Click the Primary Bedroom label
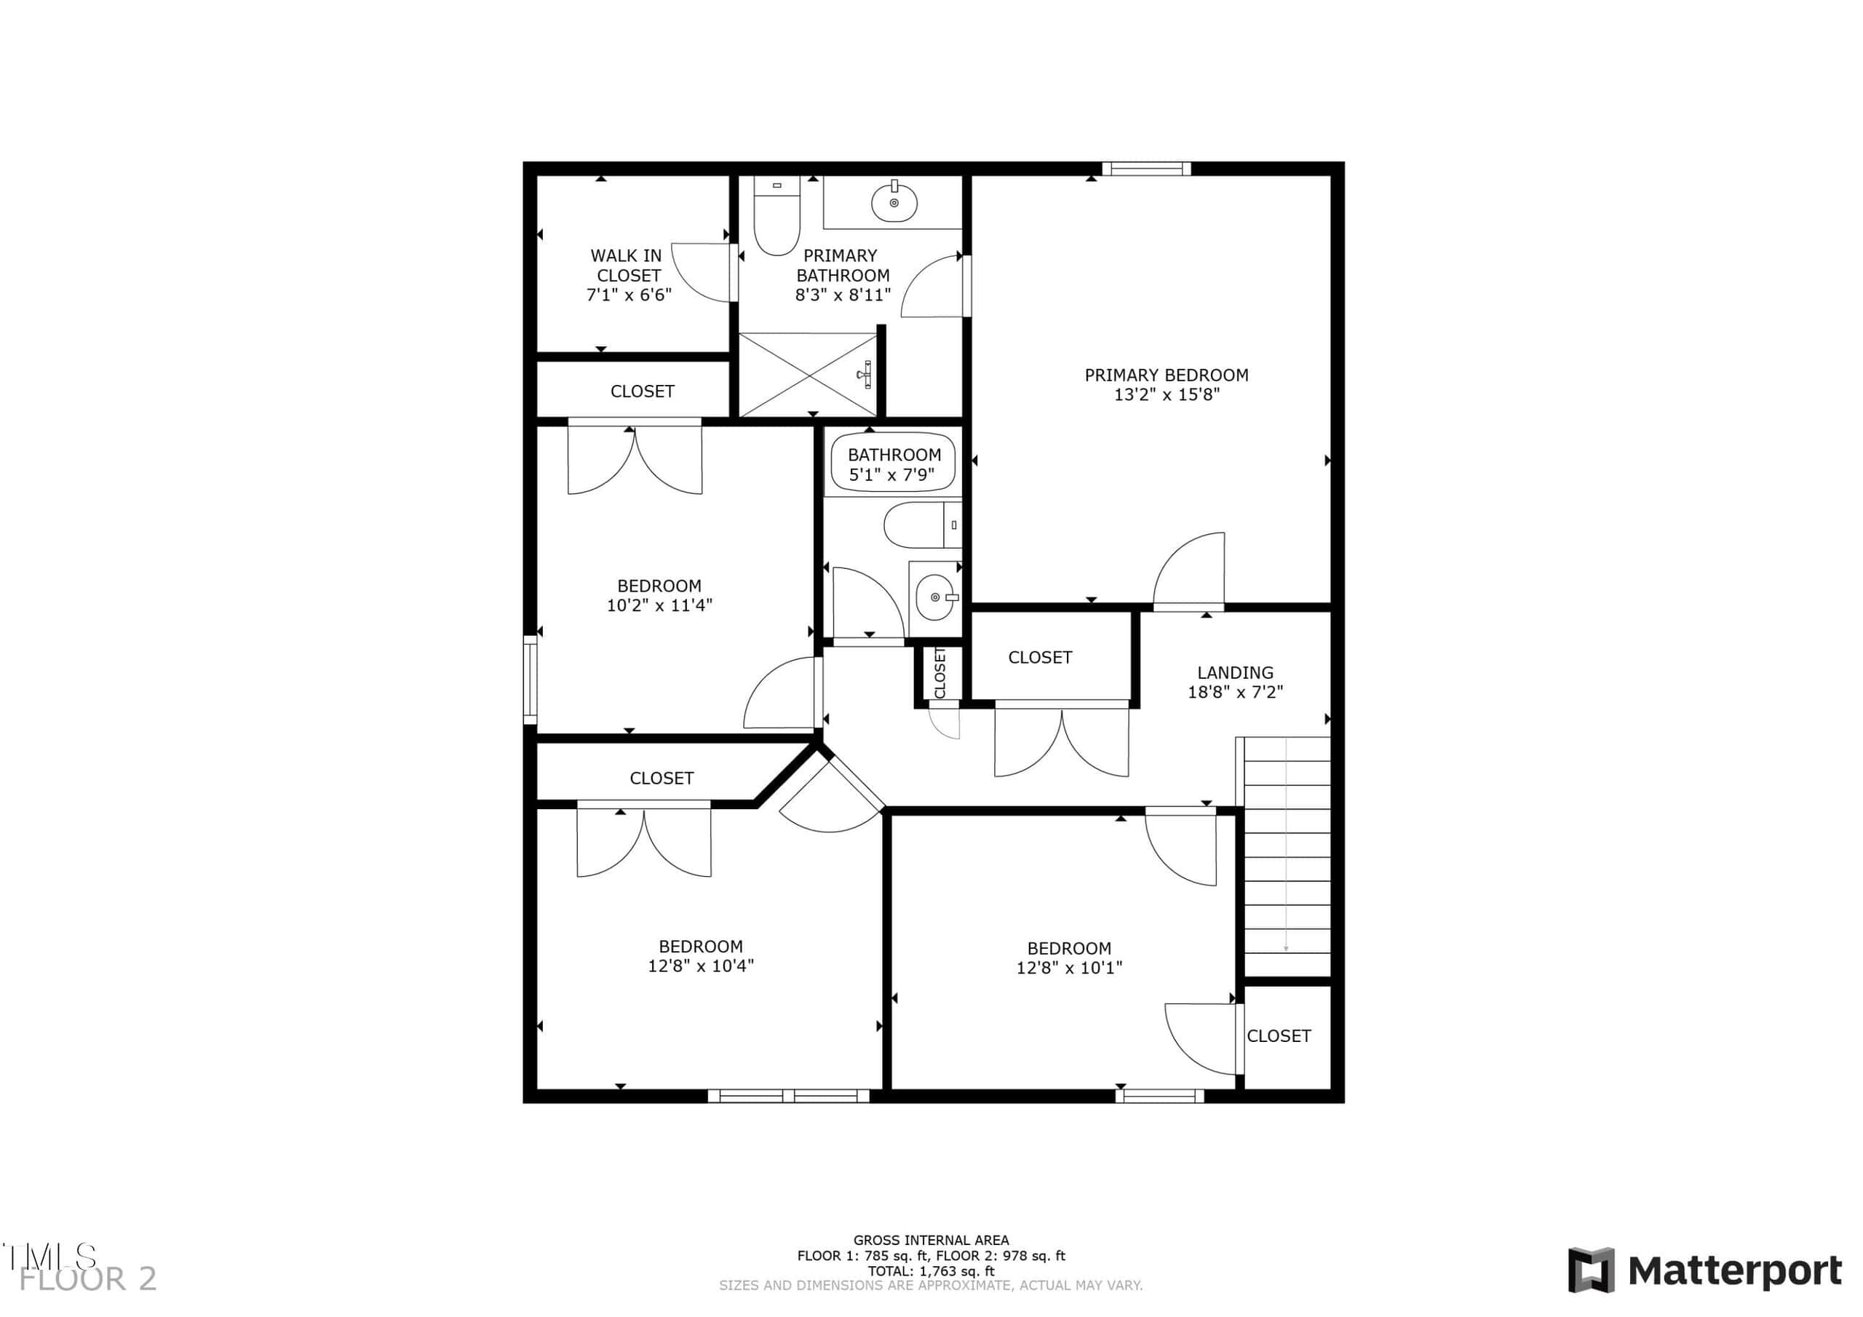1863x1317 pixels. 1166,375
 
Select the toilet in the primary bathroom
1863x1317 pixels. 776,215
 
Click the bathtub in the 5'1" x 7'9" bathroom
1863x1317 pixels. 892,463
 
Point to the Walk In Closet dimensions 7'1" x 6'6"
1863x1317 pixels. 629,295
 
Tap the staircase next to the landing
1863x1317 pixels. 1287,857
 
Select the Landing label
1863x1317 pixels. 1235,673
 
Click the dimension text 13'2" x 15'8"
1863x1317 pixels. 1166,395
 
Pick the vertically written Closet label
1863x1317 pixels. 940,673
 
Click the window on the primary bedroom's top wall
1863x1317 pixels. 1146,169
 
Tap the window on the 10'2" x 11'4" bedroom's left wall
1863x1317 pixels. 530,679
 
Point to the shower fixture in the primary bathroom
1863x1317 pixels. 865,373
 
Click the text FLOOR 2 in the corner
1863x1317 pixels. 87,1279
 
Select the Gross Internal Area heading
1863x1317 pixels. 931,1240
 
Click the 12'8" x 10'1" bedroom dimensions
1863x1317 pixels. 1068,968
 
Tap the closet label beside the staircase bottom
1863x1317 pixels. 1279,1035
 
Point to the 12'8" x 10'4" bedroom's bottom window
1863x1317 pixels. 789,1097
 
